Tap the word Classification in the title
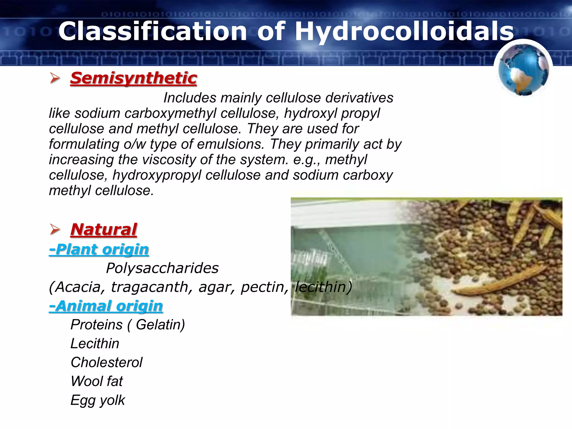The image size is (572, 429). point(152,31)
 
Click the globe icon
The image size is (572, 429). point(523,70)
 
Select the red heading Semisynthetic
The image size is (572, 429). point(134,78)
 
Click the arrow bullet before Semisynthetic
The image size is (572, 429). point(55,78)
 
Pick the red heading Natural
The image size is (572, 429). point(104,230)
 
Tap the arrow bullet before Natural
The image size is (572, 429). point(55,230)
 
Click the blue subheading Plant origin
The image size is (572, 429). point(99,249)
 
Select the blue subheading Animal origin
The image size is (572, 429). point(106,306)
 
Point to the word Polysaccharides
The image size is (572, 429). point(162,268)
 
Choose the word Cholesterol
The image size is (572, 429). point(106,363)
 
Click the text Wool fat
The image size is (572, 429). point(97,381)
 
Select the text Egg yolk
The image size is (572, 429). point(98,400)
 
